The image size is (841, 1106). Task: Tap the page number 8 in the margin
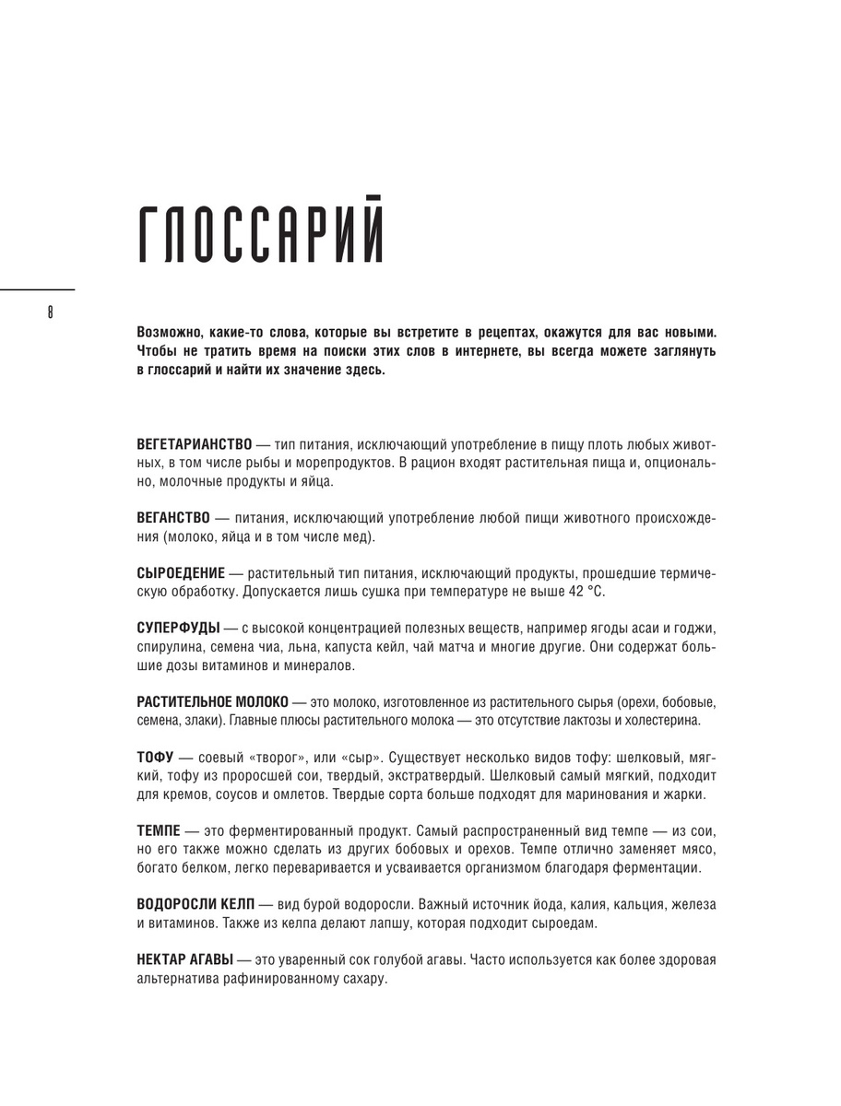(x=49, y=312)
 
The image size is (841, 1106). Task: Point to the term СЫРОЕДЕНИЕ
(x=180, y=572)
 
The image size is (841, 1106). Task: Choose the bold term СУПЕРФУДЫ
(x=177, y=629)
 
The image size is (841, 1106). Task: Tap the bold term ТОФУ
(x=155, y=758)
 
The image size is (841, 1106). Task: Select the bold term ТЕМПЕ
(x=158, y=831)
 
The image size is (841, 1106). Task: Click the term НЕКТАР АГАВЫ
(x=184, y=959)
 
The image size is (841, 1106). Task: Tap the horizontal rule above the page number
(x=37, y=289)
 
